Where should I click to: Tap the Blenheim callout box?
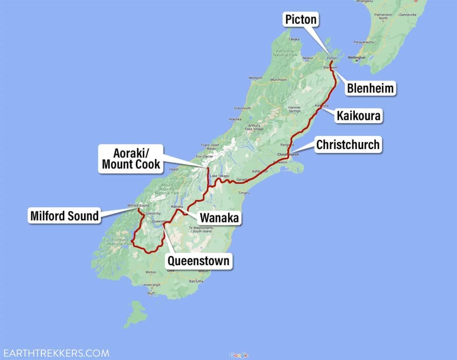pyautogui.click(x=370, y=88)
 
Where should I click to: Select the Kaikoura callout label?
pyautogui.click(x=358, y=116)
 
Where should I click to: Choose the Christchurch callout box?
pyautogui.click(x=348, y=145)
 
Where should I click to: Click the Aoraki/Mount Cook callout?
pyautogui.click(x=131, y=159)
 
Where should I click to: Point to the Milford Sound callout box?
pyautogui.click(x=64, y=215)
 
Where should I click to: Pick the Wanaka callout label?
pyautogui.click(x=219, y=218)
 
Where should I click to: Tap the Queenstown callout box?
pyautogui.click(x=198, y=260)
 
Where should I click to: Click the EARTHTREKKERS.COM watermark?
pyautogui.click(x=55, y=353)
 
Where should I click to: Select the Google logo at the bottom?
pyautogui.click(x=238, y=355)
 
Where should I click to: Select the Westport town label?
pyautogui.click(x=255, y=77)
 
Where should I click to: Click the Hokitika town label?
pyautogui.click(x=235, y=119)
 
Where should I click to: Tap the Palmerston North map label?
pyautogui.click(x=383, y=16)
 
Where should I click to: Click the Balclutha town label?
pyautogui.click(x=196, y=281)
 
